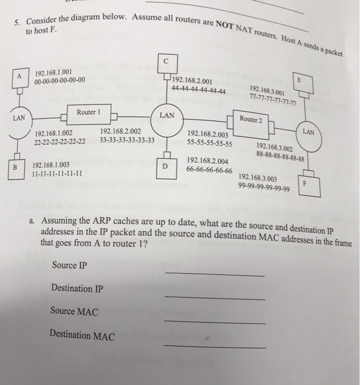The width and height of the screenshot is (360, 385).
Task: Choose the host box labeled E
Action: (299, 80)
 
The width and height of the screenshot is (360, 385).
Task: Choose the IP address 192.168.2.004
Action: (208, 161)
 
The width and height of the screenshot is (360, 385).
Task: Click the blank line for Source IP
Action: (214, 274)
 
